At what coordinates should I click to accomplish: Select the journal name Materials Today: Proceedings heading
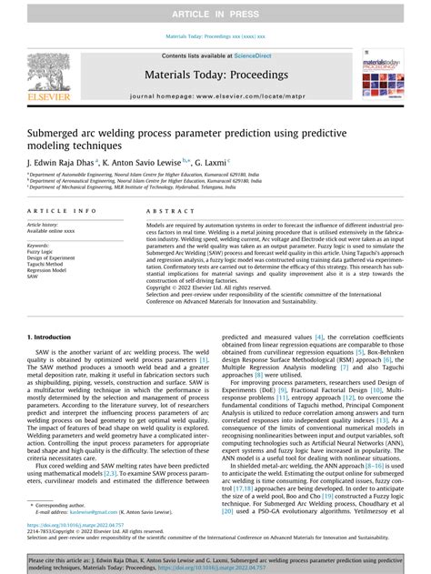point(215,77)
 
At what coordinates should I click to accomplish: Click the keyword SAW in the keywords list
point(34,277)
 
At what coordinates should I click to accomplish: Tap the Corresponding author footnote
point(63,504)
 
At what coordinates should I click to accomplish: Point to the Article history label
point(45,224)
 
